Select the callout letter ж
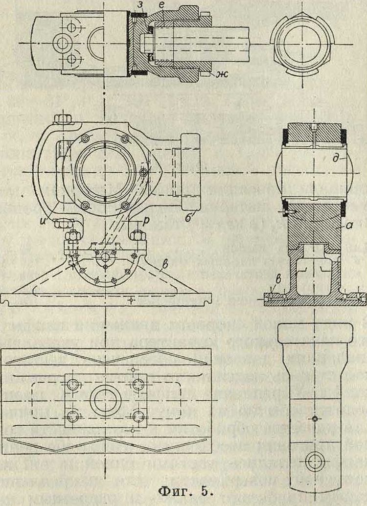click(219, 75)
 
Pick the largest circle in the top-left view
click(64, 43)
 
